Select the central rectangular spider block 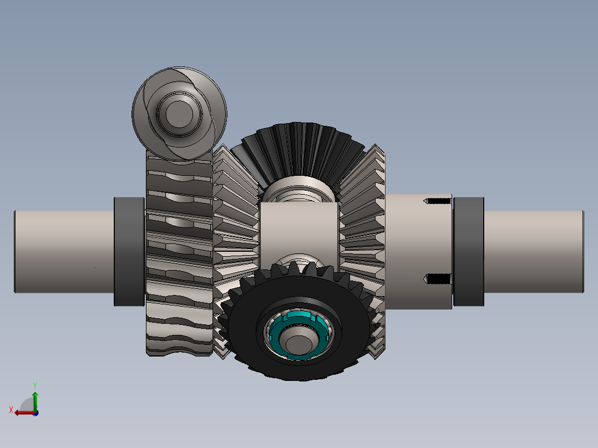(299, 227)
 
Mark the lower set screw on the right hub (438, 279)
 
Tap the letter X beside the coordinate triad (11, 410)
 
